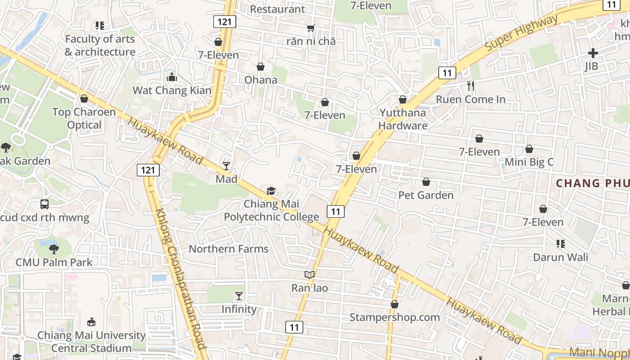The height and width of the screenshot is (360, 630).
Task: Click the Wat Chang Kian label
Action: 172,90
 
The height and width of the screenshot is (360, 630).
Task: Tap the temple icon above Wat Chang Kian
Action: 172,77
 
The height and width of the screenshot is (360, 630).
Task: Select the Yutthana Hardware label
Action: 403,119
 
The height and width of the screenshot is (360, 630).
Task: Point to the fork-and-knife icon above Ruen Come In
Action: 471,86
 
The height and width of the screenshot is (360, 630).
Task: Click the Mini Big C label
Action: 529,162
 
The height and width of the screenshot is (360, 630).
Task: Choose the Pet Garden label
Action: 426,195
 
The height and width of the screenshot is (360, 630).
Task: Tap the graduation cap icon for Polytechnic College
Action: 271,191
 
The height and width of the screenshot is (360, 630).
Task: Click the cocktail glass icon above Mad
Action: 226,166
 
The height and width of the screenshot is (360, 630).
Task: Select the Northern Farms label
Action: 228,249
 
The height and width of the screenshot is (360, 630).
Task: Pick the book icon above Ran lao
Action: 309,274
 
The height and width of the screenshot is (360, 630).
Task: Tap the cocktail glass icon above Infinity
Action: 238,296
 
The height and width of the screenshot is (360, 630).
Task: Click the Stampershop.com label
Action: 395,317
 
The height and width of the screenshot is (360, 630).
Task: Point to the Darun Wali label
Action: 560,257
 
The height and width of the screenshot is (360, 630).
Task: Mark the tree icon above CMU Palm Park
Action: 54,248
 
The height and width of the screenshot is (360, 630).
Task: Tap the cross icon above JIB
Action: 593,53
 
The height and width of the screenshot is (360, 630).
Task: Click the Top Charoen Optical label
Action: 84,118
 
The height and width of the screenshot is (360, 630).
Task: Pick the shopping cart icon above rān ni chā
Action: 310,28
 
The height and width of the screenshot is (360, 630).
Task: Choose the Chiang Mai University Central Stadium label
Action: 91,342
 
